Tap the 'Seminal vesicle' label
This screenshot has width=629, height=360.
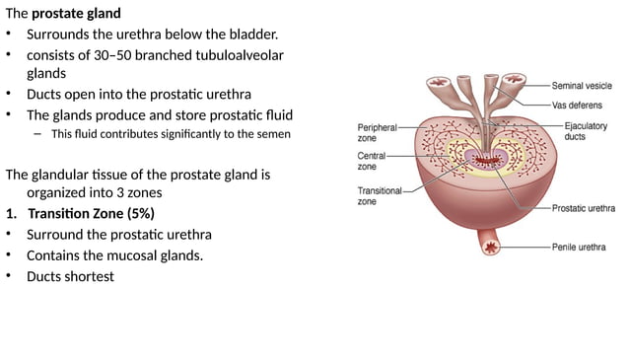(x=582, y=86)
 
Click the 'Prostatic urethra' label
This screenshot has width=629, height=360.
(x=582, y=208)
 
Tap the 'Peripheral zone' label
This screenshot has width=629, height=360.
(x=377, y=133)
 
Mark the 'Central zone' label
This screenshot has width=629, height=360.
(x=373, y=162)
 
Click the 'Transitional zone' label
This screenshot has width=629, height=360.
(x=379, y=195)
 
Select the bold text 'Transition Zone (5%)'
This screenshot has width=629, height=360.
(x=92, y=214)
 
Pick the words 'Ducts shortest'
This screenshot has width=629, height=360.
(x=71, y=276)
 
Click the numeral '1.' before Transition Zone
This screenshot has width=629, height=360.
(x=11, y=214)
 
